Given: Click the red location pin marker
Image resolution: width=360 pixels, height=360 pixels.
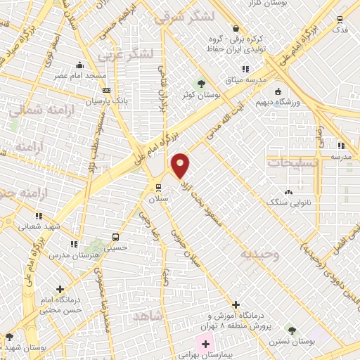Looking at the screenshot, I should (181, 165).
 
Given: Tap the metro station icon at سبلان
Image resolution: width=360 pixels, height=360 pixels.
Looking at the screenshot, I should (157, 188).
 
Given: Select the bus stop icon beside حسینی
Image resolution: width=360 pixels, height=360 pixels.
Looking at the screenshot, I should (115, 237).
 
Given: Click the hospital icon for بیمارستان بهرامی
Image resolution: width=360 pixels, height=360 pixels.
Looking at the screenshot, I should (205, 345).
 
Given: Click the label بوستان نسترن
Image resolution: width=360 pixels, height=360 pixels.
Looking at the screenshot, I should (294, 341).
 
